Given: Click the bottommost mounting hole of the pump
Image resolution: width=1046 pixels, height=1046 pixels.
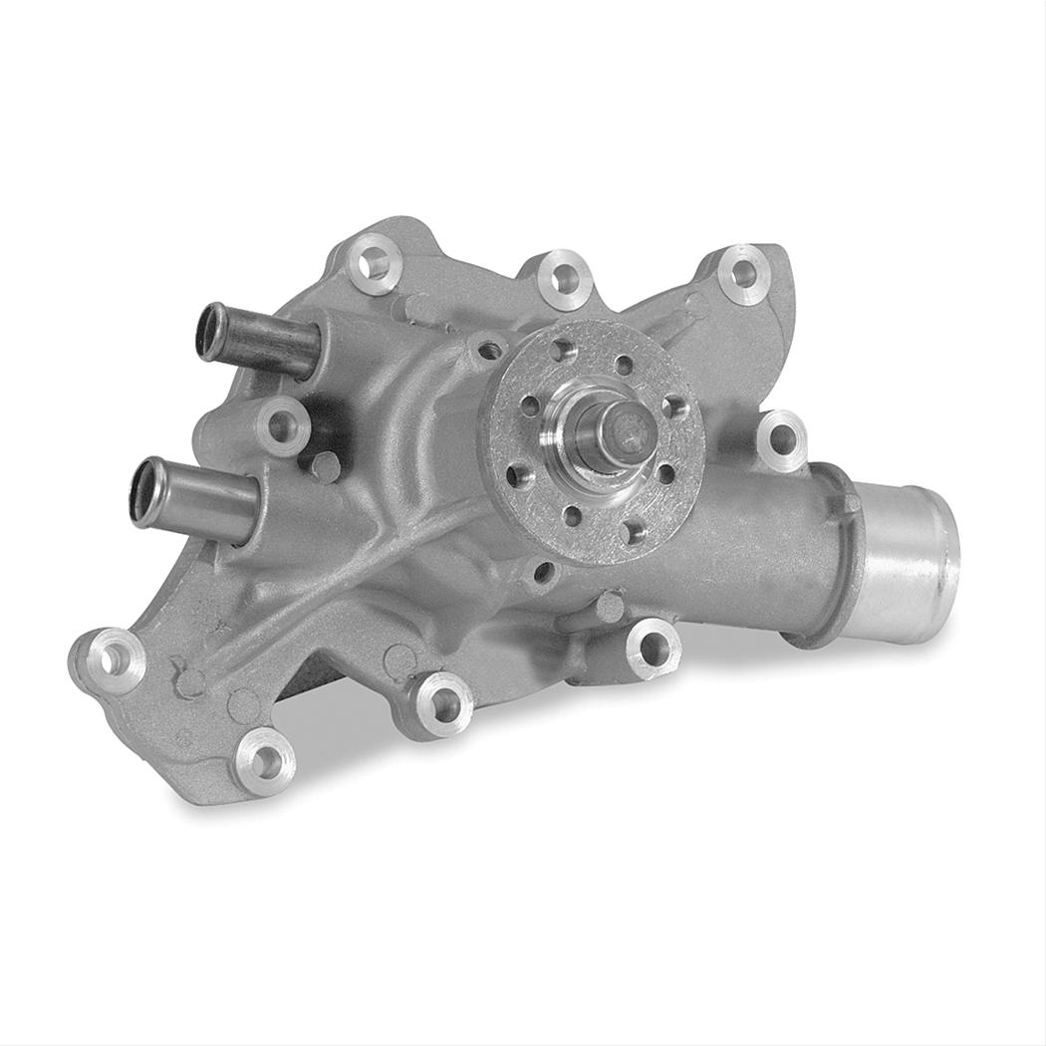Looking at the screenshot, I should pyautogui.click(x=262, y=761).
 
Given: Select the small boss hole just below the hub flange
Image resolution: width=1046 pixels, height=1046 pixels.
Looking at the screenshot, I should pyautogui.click(x=544, y=572).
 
